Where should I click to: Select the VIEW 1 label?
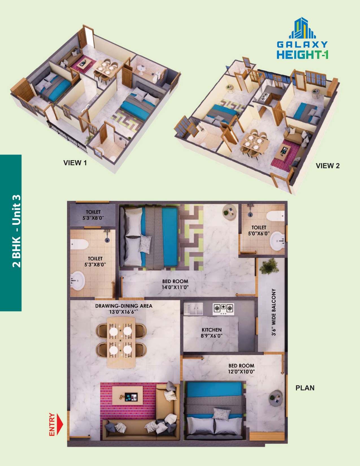(75, 163)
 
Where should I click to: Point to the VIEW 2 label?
(328, 166)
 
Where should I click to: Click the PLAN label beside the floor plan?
(305, 388)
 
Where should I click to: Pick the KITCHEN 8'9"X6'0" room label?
(212, 333)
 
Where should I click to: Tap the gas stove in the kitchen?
(223, 309)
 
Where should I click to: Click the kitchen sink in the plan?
(193, 309)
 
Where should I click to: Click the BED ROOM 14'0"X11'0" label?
(175, 284)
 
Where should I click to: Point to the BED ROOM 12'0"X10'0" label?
(241, 369)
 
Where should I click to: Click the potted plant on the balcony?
(269, 266)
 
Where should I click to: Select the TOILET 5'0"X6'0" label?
(259, 230)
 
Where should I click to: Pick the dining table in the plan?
(121, 343)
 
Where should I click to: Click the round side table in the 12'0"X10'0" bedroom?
(276, 398)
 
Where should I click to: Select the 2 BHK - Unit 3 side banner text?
(16, 231)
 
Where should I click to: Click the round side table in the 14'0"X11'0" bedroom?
(229, 212)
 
